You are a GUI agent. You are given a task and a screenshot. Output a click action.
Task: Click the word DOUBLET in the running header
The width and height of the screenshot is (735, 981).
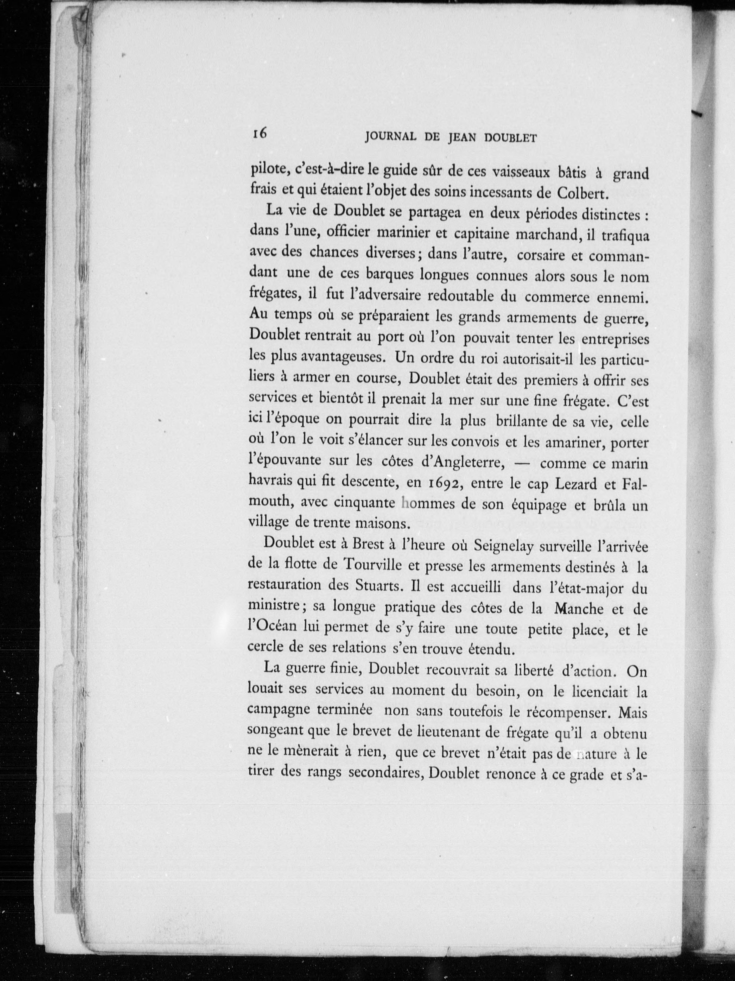(x=510, y=138)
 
